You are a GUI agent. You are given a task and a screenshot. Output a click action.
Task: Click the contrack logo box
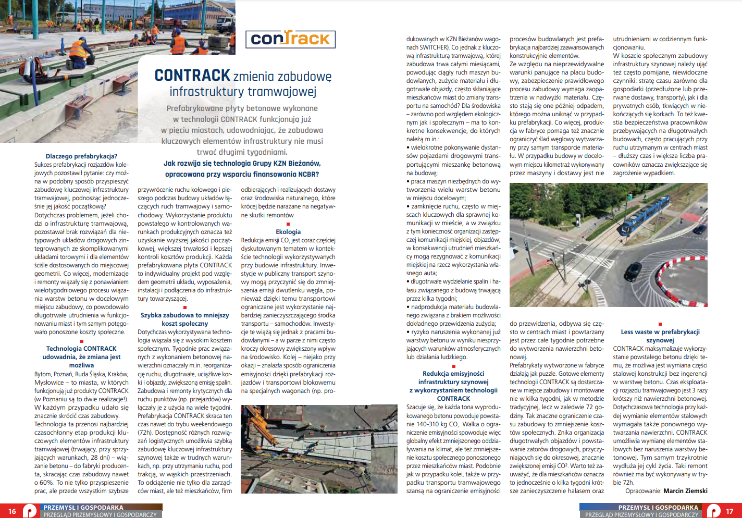(290, 39)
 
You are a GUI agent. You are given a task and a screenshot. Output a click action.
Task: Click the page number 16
(12, 511)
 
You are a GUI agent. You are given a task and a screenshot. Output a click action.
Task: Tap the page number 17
(729, 511)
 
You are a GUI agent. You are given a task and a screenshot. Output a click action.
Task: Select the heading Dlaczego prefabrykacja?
(81, 156)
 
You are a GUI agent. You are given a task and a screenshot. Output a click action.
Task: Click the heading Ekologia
(288, 232)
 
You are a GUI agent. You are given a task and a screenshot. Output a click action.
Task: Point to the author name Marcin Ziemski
(685, 491)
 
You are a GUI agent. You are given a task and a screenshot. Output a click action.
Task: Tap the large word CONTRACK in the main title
(192, 76)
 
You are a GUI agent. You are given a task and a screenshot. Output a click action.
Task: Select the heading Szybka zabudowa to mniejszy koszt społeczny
(184, 319)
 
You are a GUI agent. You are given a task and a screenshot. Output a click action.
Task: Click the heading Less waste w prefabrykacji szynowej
(660, 336)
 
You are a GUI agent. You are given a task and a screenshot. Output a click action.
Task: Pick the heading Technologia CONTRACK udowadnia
(81, 357)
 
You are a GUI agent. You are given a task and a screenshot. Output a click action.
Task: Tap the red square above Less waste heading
(660, 324)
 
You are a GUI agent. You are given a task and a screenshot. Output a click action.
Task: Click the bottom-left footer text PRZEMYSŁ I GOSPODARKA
(83, 508)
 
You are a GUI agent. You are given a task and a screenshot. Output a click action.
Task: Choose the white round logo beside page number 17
(713, 511)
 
